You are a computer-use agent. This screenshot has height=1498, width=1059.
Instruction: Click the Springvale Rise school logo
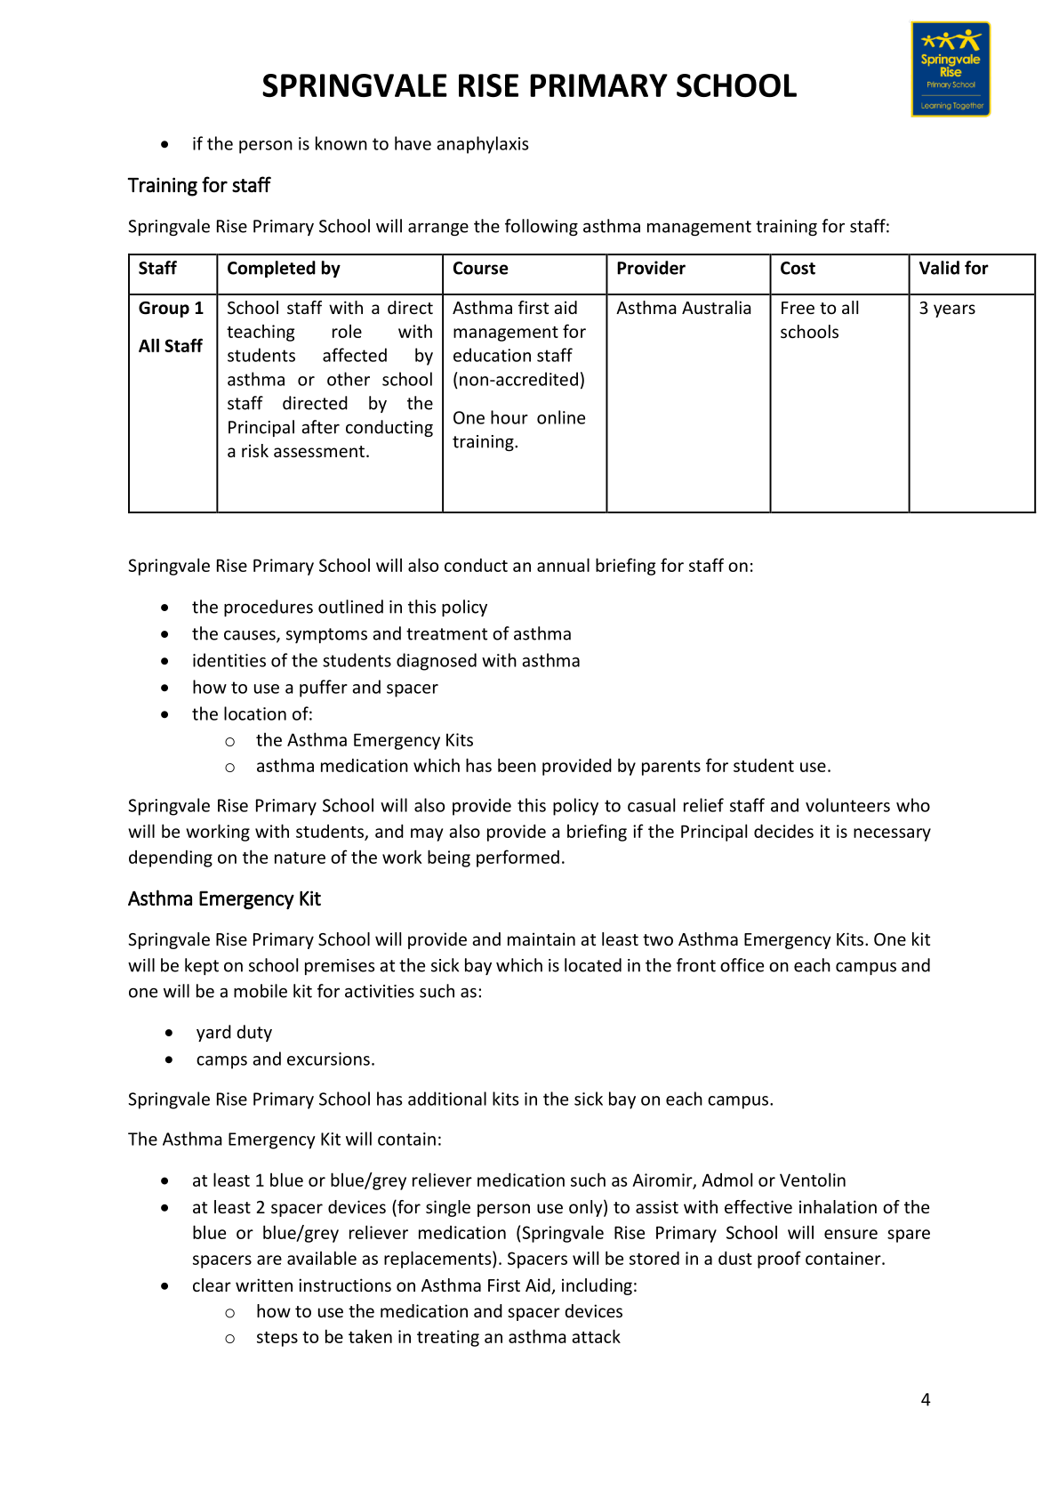click(x=951, y=69)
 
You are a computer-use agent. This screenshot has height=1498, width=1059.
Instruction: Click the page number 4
click(x=926, y=1400)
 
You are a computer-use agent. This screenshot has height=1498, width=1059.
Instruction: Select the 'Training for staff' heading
click(x=199, y=185)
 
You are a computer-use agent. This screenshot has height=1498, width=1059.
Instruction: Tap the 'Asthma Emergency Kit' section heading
click(x=224, y=898)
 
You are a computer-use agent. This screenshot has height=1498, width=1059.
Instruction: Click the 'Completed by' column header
click(x=284, y=269)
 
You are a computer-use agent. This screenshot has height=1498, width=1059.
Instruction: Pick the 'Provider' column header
click(x=651, y=269)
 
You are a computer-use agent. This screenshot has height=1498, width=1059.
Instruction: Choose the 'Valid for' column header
click(x=953, y=269)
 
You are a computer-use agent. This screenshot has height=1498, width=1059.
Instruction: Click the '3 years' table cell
click(x=947, y=309)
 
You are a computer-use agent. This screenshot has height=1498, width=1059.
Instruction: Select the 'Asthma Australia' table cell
click(x=684, y=309)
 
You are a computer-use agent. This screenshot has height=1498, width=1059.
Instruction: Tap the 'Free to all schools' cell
click(x=819, y=320)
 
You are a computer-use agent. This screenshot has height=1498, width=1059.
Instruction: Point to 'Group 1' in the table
click(x=171, y=309)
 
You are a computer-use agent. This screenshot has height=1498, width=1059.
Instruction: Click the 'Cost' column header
click(x=798, y=269)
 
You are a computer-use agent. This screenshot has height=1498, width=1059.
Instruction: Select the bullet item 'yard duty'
click(x=234, y=1033)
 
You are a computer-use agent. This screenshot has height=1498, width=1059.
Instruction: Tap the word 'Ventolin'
click(x=813, y=1180)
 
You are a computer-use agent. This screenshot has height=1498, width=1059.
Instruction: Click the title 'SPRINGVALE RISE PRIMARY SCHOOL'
click(x=529, y=86)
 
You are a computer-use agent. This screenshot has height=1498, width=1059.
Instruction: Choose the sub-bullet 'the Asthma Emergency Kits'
click(x=365, y=740)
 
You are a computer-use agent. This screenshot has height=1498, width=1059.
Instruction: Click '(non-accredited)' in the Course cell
click(x=518, y=380)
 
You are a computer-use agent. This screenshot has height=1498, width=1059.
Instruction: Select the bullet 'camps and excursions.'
click(x=285, y=1059)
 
